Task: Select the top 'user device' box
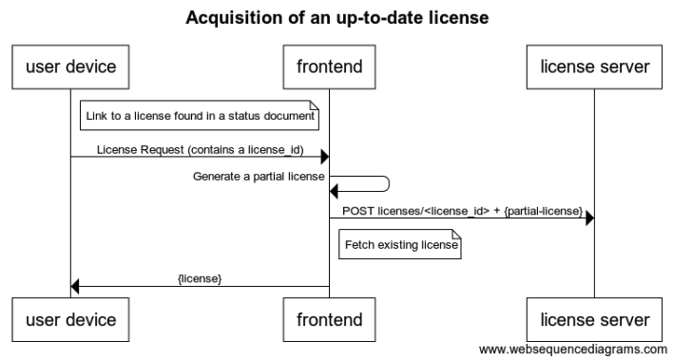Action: click(70, 66)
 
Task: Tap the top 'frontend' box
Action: click(329, 66)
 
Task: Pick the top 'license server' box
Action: click(594, 66)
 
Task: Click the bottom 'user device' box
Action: click(70, 319)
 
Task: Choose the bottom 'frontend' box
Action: click(329, 319)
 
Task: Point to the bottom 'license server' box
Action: click(594, 319)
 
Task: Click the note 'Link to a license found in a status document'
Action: click(200, 117)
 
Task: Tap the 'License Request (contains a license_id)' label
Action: click(199, 149)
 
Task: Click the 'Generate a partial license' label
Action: click(259, 176)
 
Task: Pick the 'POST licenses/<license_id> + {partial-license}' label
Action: click(461, 210)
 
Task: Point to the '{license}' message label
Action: click(200, 278)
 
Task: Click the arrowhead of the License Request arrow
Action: click(324, 158)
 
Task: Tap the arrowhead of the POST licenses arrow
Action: click(589, 218)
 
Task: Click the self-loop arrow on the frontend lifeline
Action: click(375, 184)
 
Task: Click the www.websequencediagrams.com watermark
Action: click(573, 350)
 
